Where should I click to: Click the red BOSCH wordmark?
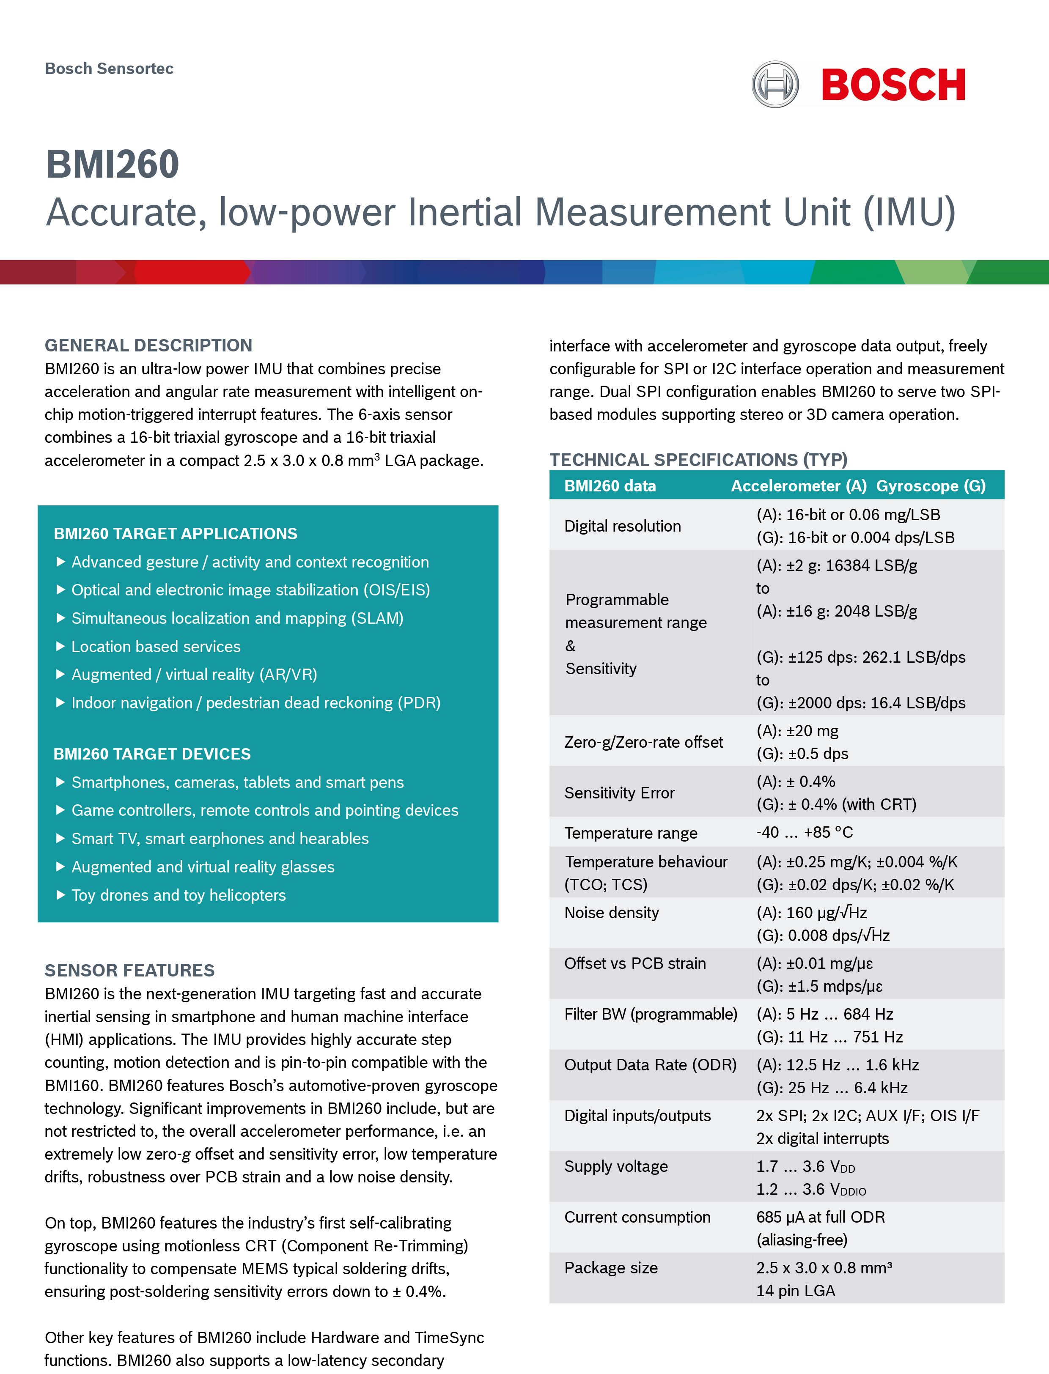[893, 85]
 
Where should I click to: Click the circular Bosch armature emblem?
[775, 84]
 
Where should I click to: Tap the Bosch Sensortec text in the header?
[109, 69]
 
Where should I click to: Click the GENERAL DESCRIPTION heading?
[148, 345]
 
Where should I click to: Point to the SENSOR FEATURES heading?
[129, 970]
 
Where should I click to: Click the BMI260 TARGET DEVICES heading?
[152, 754]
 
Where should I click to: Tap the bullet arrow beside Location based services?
[60, 647]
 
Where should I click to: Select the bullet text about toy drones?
[178, 895]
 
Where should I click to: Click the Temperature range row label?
[631, 833]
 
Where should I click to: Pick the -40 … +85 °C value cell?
[804, 832]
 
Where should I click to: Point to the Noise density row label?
[611, 913]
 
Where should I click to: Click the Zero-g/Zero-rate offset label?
[643, 742]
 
